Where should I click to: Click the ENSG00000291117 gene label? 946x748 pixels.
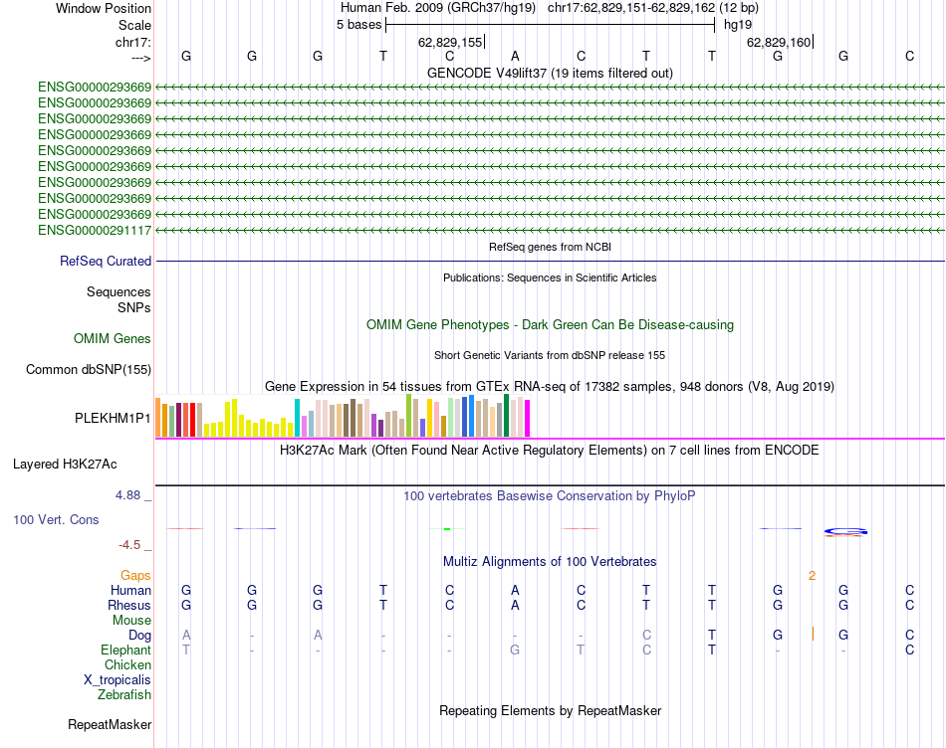95,231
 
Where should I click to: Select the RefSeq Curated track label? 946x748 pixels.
106,262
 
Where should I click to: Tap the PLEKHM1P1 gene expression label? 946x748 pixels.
114,419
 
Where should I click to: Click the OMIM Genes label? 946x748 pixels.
113,339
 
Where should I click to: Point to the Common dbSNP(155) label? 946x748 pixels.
89,370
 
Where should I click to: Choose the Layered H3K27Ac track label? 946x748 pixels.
65,465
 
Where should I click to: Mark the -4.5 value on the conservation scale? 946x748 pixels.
134,545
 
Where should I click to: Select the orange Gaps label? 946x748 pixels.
135,576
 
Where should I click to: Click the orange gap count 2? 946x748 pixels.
813,576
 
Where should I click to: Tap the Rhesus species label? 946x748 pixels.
129,606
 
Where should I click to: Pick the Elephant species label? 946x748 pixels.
125,651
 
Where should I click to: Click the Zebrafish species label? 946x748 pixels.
124,695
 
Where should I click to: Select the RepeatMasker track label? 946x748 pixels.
110,725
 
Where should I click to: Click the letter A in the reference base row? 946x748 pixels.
515,57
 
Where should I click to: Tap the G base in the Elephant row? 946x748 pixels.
515,651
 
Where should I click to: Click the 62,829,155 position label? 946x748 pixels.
450,42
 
